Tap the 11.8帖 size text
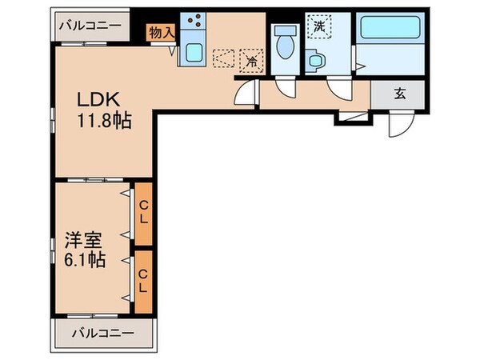coord(104,122)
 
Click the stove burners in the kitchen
coord(193,24)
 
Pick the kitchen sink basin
coord(193,54)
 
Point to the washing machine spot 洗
coord(319,26)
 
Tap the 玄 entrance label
coord(398,92)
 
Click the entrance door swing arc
coord(398,122)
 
